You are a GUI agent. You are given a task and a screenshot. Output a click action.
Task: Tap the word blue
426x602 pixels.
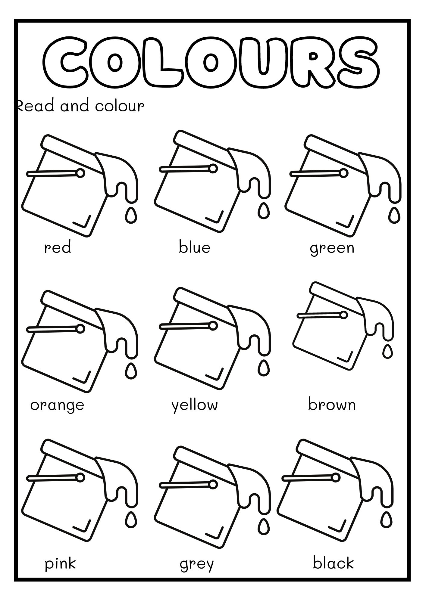tap(194, 247)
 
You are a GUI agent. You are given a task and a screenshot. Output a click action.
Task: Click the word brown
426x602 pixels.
tap(332, 404)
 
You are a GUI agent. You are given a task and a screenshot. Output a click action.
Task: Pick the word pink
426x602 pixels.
tap(60, 564)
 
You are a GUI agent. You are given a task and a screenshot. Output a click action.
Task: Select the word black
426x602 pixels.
tap(334, 563)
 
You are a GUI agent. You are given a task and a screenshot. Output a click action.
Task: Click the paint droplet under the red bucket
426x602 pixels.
tap(131, 215)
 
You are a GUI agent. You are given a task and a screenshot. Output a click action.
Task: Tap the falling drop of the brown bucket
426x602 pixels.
tap(387, 352)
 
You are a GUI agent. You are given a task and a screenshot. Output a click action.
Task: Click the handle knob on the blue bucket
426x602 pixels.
tap(213, 169)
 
